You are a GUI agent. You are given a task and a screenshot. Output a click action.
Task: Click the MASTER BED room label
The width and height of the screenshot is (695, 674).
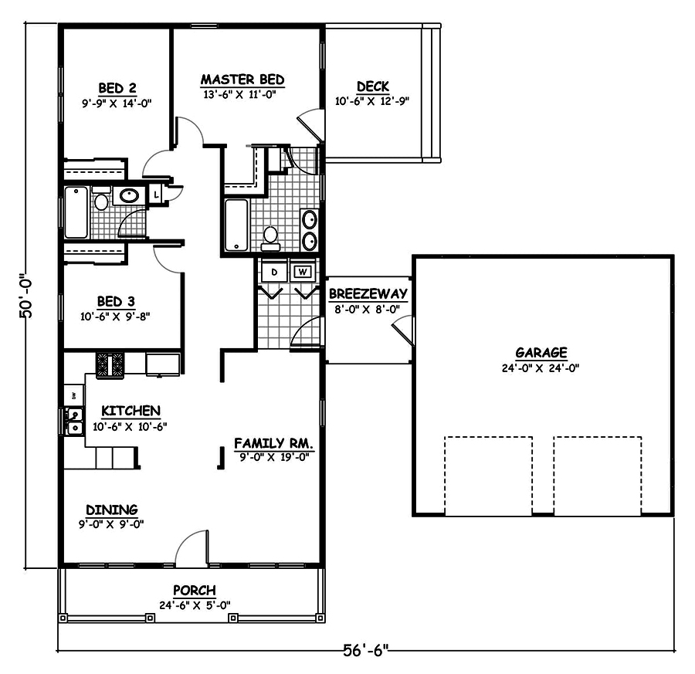point(242,80)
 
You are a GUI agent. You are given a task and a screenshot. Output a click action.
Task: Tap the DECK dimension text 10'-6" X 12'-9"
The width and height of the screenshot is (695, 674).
point(371,100)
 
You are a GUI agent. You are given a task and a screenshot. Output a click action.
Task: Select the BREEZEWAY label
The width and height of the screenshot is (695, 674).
point(368,294)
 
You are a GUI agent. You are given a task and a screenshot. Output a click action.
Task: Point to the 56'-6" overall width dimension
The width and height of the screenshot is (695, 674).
point(365,650)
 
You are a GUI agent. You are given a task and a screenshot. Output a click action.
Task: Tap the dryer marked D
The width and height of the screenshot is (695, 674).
point(273,273)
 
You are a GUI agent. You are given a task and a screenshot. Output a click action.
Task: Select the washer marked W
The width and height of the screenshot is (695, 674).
point(303,272)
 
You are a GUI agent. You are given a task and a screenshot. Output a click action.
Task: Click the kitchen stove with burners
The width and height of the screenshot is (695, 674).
point(110,364)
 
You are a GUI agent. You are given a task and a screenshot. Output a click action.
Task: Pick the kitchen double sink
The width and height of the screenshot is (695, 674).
point(75,421)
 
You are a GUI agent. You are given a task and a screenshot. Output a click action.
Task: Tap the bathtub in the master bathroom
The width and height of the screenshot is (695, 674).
point(235,225)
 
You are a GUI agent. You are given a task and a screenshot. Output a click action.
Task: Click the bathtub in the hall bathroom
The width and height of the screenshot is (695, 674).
point(76,212)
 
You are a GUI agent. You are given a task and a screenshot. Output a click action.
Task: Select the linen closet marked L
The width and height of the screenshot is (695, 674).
point(157,195)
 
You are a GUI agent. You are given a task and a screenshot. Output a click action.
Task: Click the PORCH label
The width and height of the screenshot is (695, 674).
point(194,591)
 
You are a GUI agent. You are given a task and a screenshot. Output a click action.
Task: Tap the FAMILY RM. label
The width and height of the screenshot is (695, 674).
point(273,443)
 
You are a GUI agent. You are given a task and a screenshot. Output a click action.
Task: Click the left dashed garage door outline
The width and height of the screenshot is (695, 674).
point(488,476)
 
